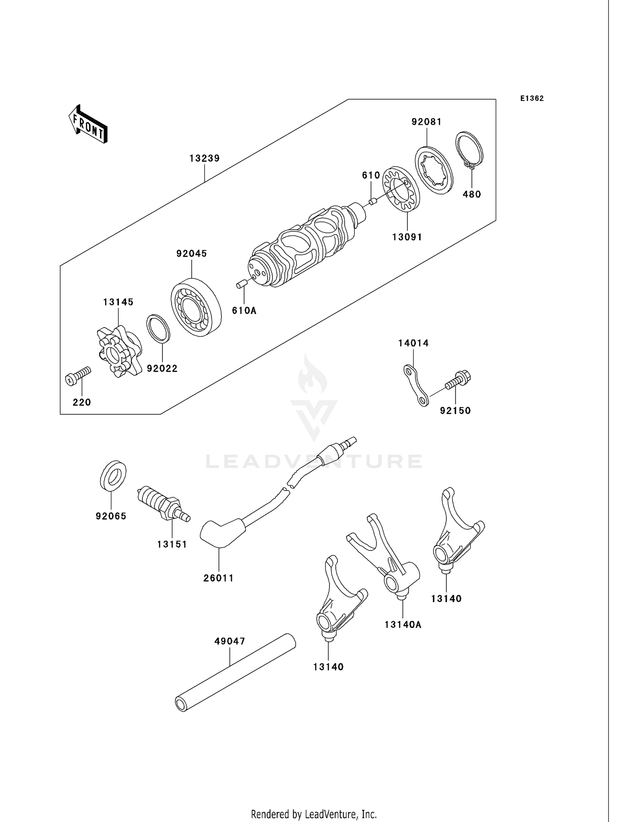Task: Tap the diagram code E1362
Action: click(532, 98)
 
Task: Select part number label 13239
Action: click(204, 158)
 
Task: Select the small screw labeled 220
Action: click(78, 375)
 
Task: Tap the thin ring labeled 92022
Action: click(158, 328)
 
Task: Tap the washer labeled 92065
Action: click(113, 475)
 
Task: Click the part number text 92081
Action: click(427, 122)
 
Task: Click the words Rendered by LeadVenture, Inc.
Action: click(314, 814)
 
